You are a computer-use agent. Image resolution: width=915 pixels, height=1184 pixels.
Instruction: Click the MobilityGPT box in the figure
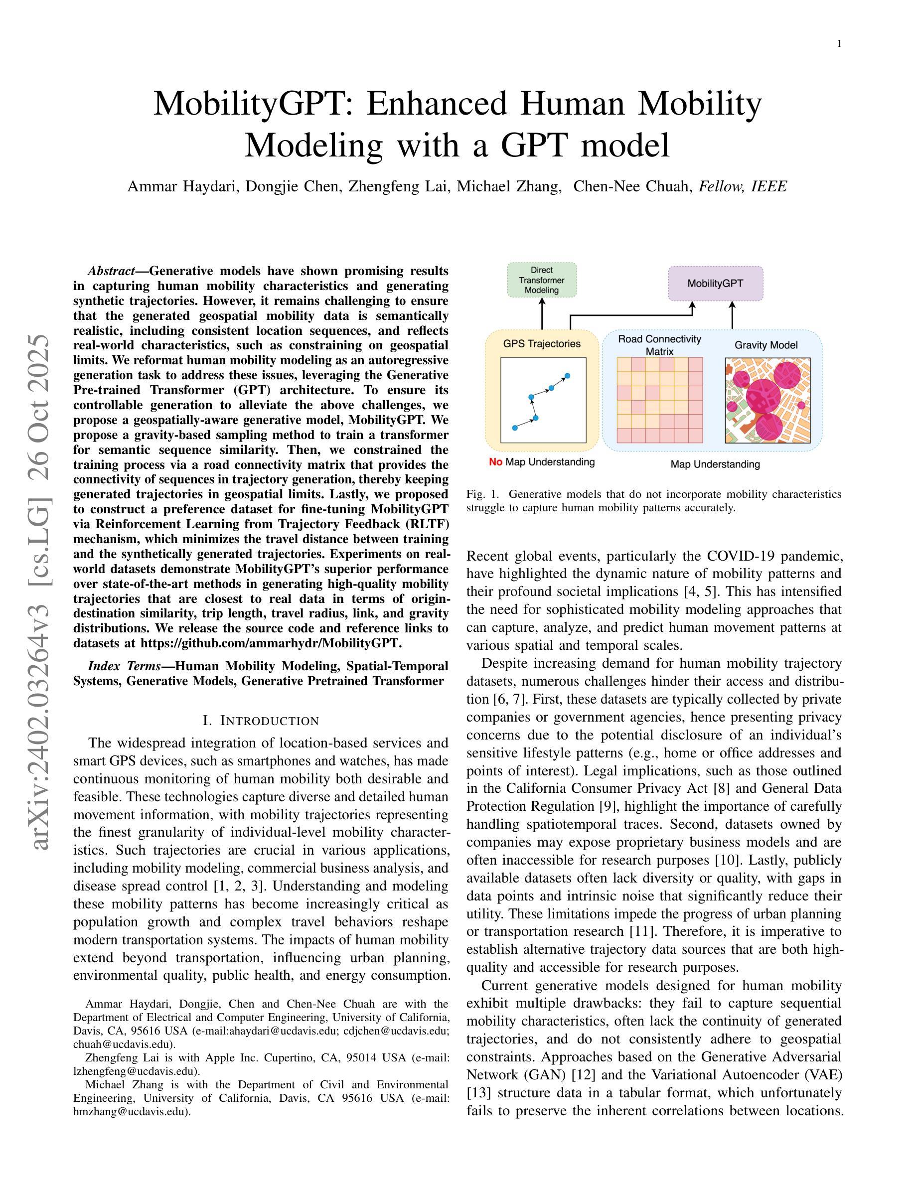(x=715, y=284)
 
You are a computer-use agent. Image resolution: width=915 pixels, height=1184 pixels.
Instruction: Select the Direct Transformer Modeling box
(x=542, y=280)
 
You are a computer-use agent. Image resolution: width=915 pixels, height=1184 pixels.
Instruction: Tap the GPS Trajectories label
(x=542, y=343)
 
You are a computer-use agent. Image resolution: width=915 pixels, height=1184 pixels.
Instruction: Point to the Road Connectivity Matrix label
(x=660, y=345)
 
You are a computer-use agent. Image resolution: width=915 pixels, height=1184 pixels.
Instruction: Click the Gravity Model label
(x=765, y=345)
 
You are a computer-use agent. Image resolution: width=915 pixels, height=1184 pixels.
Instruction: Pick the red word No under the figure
(x=495, y=462)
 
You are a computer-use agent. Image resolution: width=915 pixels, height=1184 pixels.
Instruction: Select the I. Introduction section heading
(x=261, y=721)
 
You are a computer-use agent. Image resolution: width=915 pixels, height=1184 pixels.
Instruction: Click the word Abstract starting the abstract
(x=111, y=271)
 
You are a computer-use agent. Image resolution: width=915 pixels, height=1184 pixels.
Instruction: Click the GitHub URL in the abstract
(x=270, y=643)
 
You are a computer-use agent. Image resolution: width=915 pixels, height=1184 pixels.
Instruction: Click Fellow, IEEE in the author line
(x=743, y=186)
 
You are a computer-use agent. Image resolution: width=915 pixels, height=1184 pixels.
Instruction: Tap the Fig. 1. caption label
(x=481, y=494)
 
